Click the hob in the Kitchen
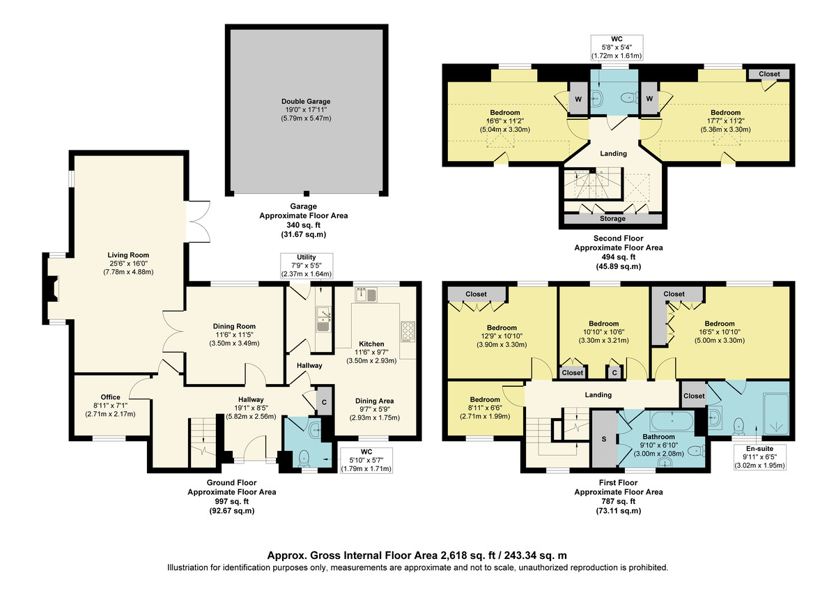click(408, 331)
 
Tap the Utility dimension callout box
click(307, 266)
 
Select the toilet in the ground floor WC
click(304, 457)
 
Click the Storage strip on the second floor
click(612, 219)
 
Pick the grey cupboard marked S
click(605, 440)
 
